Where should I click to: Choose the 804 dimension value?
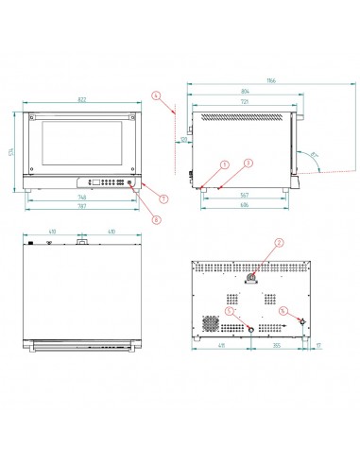pos(246,92)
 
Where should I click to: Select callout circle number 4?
pos(156,95)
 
